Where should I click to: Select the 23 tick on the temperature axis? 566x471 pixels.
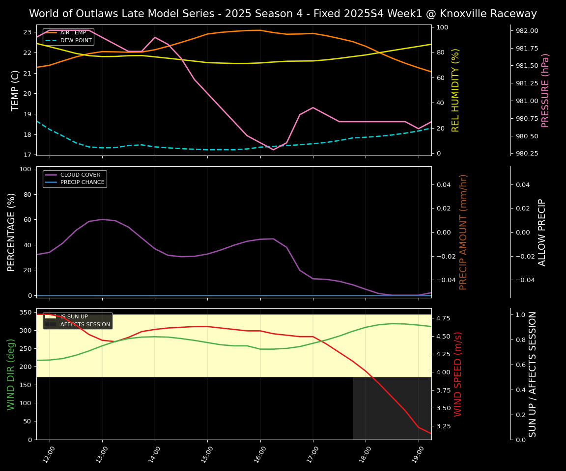(x=28, y=32)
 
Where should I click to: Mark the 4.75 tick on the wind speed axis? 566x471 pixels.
(x=443, y=318)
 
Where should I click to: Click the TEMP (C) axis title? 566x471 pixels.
(x=15, y=90)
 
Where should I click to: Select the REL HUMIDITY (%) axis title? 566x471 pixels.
(x=455, y=90)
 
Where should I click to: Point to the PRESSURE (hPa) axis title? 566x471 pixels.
(x=545, y=90)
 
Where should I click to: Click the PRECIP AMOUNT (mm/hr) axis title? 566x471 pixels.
(x=463, y=232)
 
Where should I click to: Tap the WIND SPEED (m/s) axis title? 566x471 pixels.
(x=458, y=374)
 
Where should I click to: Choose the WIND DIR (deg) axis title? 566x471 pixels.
(x=11, y=374)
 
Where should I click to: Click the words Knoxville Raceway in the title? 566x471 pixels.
(x=493, y=14)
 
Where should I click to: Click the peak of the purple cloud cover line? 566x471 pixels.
(x=102, y=219)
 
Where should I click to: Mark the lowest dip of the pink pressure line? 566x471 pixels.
(x=274, y=150)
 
